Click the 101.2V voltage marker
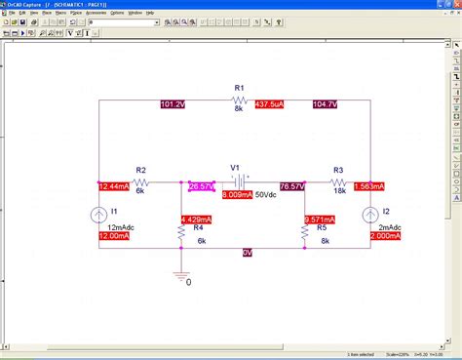click(172, 103)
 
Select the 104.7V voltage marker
click(326, 103)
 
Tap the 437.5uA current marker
click(269, 103)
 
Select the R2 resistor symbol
click(141, 181)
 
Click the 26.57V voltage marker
click(202, 185)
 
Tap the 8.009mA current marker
click(236, 195)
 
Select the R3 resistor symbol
click(338, 181)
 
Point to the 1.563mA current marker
click(369, 185)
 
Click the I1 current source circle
click(99, 216)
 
